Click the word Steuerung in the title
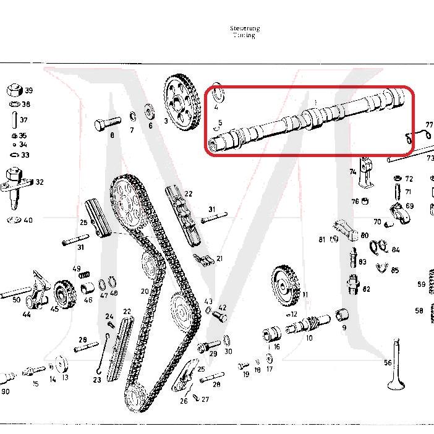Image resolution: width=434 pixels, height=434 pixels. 244,28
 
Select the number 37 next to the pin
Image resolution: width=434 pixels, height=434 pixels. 23,120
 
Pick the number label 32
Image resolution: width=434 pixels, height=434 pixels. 40,182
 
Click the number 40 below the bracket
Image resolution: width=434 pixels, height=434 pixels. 28,220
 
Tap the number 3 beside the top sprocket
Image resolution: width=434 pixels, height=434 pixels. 166,121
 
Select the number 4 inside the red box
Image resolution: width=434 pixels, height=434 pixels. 216,107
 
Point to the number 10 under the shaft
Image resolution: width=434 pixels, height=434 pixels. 309,338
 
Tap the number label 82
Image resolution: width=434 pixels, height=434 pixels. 367,289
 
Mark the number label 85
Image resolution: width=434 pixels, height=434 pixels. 395,270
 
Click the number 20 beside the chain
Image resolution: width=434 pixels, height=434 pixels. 145,291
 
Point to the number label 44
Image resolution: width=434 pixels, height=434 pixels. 27,315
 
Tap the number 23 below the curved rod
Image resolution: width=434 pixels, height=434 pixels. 97,380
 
